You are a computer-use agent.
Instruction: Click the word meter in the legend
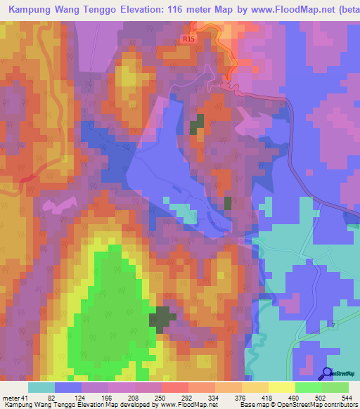tap(11, 398)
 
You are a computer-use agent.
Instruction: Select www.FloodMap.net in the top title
tap(283, 10)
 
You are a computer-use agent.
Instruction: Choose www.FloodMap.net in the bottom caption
tap(185, 405)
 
